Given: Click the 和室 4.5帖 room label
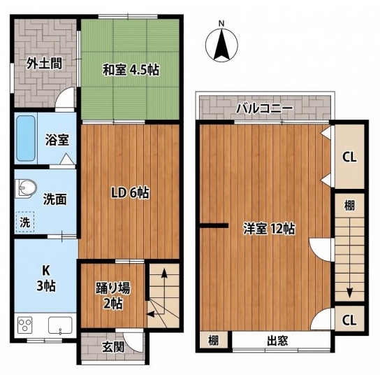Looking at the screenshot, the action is pyautogui.click(x=131, y=70).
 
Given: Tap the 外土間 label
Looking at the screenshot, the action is pyautogui.click(x=44, y=63).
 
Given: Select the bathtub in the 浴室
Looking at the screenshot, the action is pyautogui.click(x=25, y=138).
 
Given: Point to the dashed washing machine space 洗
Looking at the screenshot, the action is pyautogui.click(x=25, y=222).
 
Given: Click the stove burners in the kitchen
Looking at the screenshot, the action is pyautogui.click(x=25, y=325).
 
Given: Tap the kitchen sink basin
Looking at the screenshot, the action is pyautogui.click(x=60, y=325).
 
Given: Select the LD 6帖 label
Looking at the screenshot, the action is pyautogui.click(x=130, y=193).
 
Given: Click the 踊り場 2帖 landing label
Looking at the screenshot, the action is pyautogui.click(x=113, y=295).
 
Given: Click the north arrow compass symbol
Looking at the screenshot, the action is pyautogui.click(x=221, y=45).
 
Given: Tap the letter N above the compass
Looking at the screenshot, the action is pyautogui.click(x=221, y=24).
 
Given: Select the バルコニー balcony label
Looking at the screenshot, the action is pyautogui.click(x=265, y=108).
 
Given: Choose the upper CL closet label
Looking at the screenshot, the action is pyautogui.click(x=349, y=157).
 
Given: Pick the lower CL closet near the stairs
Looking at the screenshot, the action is pyautogui.click(x=349, y=320).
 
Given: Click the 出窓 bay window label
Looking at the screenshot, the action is pyautogui.click(x=277, y=341).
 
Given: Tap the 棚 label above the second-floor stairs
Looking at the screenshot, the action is pyautogui.click(x=349, y=206).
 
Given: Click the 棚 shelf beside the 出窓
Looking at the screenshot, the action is pyautogui.click(x=214, y=340).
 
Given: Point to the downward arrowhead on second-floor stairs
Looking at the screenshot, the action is pyautogui.click(x=349, y=293).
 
